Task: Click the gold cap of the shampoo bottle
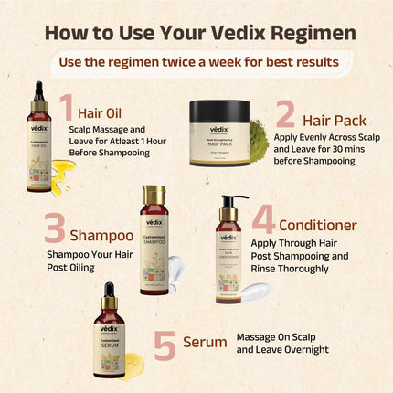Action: point(154,196)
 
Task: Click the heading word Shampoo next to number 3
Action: point(101,235)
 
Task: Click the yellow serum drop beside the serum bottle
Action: point(133,361)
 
